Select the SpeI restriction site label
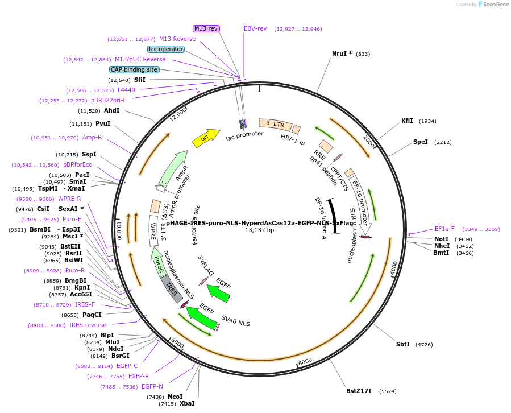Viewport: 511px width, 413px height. pyautogui.click(x=420, y=142)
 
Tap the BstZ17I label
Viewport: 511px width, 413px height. pyautogui.click(x=359, y=391)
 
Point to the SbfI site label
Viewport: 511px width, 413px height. pyautogui.click(x=402, y=345)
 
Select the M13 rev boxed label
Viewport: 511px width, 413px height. pyautogui.click(x=206, y=28)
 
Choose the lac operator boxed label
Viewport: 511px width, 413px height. pyautogui.click(x=166, y=49)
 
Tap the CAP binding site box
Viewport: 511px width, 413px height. pyautogui.click(x=134, y=69)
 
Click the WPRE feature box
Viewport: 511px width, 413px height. pyautogui.click(x=153, y=230)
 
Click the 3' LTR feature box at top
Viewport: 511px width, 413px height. pyautogui.click(x=275, y=123)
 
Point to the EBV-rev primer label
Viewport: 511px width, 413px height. pyautogui.click(x=255, y=28)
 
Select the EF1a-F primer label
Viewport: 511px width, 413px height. pyautogui.click(x=444, y=229)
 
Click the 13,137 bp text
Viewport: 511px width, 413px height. pyautogui.click(x=259, y=230)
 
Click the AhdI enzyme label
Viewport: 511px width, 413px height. pyautogui.click(x=111, y=111)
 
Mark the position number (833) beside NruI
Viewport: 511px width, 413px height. pyautogui.click(x=363, y=54)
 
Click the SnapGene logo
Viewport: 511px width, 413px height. pyautogui.click(x=494, y=5)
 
